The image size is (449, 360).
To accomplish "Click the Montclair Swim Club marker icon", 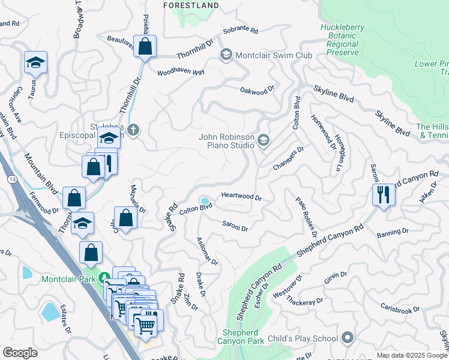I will click(x=226, y=55).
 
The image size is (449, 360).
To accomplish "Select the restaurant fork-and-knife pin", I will click(x=383, y=194).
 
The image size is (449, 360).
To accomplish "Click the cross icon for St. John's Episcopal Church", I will click(x=133, y=130).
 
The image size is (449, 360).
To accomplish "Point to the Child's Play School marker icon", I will click(x=346, y=338).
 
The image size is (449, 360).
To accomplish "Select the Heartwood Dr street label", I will click(x=241, y=197).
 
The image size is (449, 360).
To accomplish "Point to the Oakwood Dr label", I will click(x=257, y=90).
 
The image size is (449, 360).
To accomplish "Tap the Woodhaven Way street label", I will click(x=181, y=72).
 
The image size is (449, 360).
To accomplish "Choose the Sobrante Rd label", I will click(x=240, y=30).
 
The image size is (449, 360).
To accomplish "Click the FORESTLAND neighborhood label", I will click(x=191, y=5).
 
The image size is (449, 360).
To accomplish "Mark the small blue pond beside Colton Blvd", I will click(x=205, y=200).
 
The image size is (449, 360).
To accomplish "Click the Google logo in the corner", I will click(x=20, y=352).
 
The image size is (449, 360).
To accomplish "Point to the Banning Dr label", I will click(x=393, y=232).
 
